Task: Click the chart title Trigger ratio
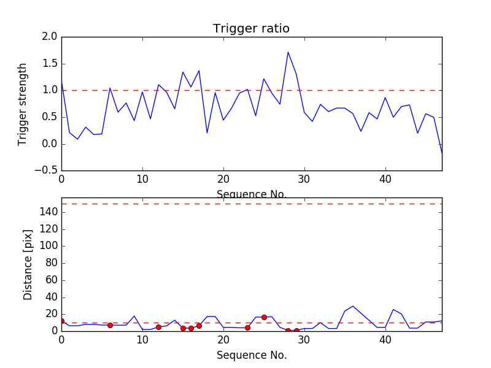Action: [x=251, y=29]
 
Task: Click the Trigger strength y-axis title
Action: [x=23, y=104]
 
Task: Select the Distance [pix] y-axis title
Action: [x=28, y=270]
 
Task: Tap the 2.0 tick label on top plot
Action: [x=50, y=37]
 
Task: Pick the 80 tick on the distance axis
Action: [x=51, y=263]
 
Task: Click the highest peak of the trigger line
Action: [x=288, y=52]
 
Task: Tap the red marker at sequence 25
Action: [x=264, y=317]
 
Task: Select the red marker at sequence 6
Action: [x=110, y=325]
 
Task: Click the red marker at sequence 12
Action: [x=158, y=327]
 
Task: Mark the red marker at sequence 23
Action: [x=247, y=328]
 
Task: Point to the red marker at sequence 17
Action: [x=199, y=326]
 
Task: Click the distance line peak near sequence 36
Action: [x=353, y=306]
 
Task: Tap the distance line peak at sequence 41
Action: [x=393, y=310]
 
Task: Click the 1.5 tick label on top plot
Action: [x=50, y=64]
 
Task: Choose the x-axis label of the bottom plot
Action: [x=251, y=355]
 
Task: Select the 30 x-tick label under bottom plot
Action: [x=304, y=341]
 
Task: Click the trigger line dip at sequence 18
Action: [x=207, y=132]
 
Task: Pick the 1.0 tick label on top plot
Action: [x=50, y=90]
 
